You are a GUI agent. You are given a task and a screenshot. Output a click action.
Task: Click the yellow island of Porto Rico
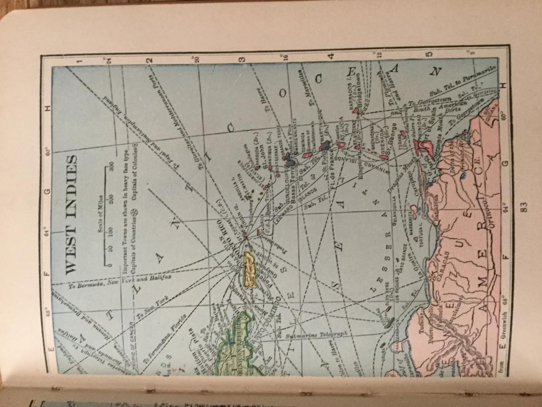click(251, 269)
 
